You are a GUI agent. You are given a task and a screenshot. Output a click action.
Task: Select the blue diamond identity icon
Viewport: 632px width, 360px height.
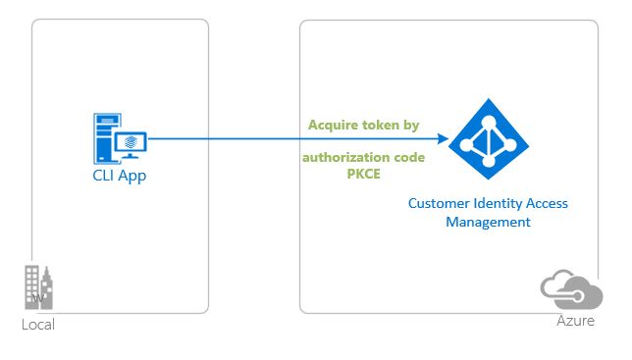[488, 139]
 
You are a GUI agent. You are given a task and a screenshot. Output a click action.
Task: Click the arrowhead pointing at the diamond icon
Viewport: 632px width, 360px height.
[444, 138]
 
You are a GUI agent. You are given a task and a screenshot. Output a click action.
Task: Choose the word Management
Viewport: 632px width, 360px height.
[488, 223]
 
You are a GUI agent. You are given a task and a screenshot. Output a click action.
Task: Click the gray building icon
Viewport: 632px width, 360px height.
[39, 288]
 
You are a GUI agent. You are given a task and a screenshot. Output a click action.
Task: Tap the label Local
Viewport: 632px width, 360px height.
[38, 325]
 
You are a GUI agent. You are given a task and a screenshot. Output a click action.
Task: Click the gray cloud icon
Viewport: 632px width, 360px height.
[570, 289]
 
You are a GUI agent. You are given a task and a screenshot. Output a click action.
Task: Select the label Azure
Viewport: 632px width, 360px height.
[575, 321]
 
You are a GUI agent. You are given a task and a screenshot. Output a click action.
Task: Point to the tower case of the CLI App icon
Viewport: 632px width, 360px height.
[104, 138]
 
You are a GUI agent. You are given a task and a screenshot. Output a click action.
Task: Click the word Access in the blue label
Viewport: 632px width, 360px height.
[548, 203]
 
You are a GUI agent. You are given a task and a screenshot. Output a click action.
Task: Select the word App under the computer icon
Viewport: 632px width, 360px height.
[132, 177]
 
